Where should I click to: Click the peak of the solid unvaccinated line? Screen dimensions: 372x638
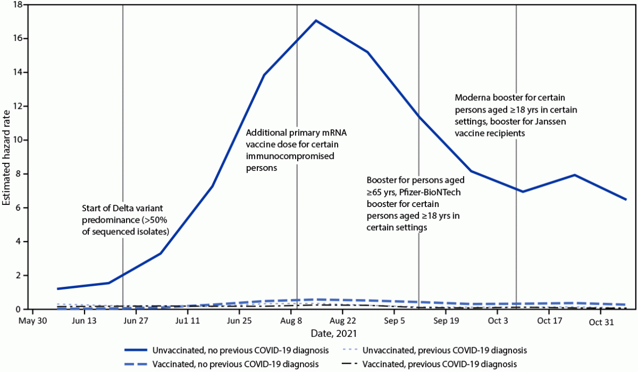[x=316, y=20]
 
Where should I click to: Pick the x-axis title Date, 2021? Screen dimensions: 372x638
[x=329, y=334]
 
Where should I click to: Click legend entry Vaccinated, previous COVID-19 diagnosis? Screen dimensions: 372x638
[x=439, y=364]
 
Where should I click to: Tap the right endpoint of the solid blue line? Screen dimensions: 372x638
[x=626, y=199]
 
